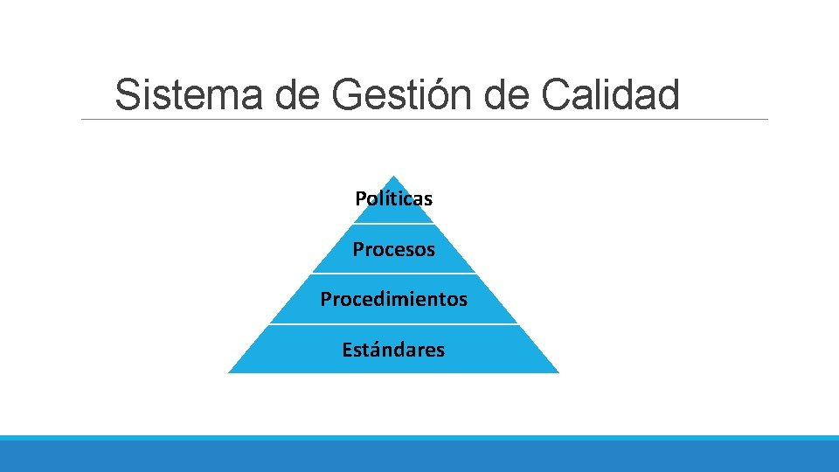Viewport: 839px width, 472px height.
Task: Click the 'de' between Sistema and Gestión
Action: [298, 95]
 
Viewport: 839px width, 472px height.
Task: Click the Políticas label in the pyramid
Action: [393, 198]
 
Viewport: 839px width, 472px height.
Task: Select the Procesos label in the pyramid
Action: [393, 249]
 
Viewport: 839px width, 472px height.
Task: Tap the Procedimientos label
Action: [393, 299]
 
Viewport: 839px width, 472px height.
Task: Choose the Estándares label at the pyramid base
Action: [393, 350]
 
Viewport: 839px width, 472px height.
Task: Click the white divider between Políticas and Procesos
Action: [393, 224]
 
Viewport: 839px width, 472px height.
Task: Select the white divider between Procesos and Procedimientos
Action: [393, 274]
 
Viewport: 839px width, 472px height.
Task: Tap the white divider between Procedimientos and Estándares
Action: [393, 324]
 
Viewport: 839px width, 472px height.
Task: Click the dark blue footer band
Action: [419, 456]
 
